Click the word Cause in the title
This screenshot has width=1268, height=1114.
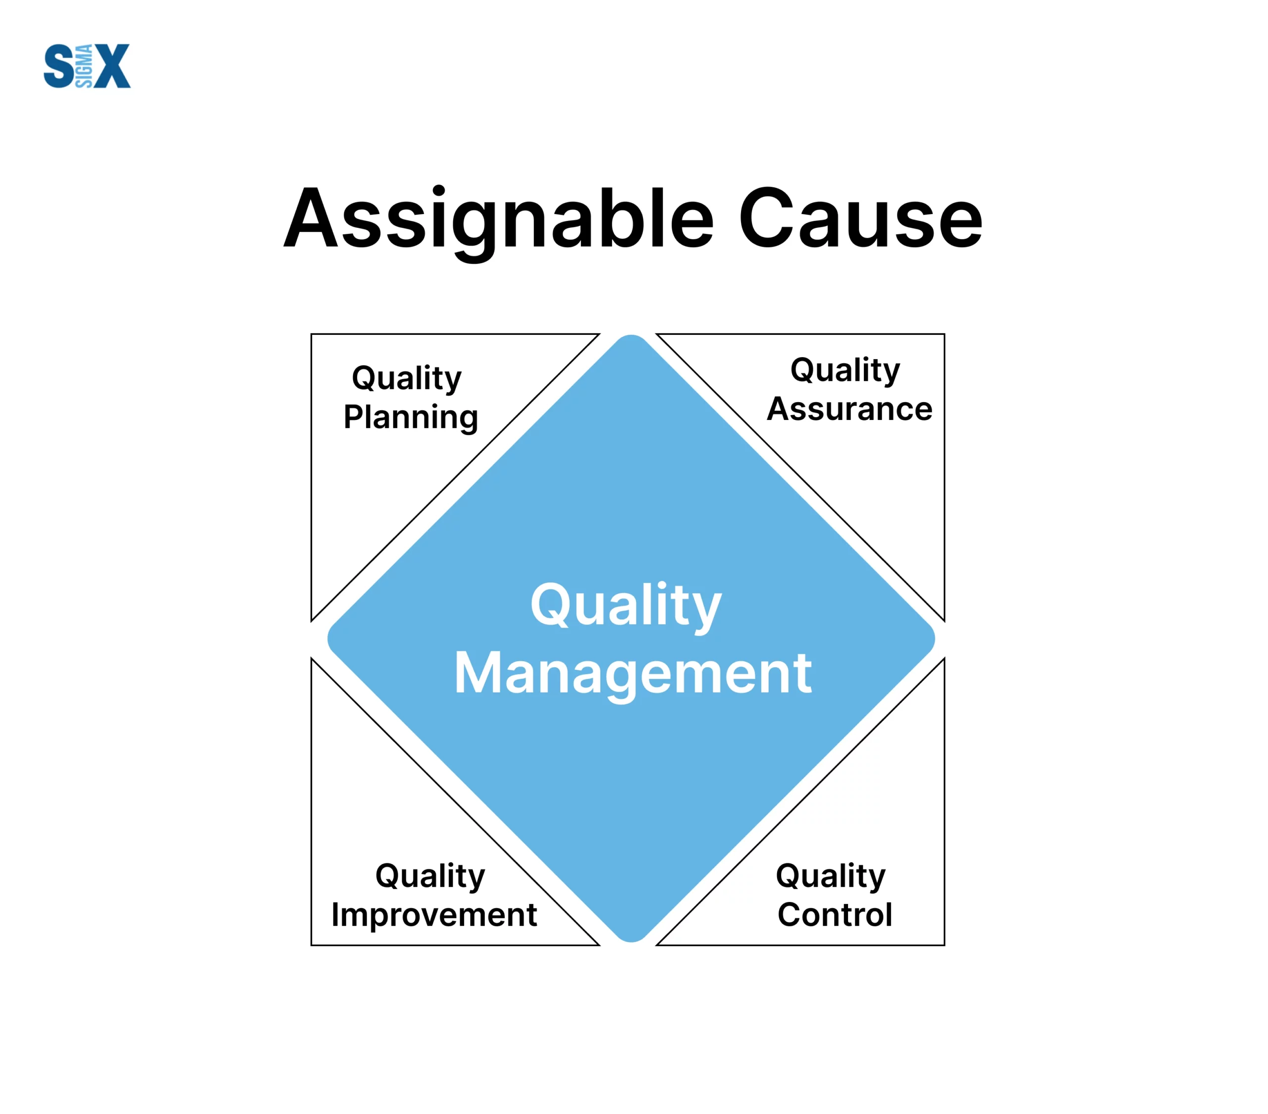[860, 218]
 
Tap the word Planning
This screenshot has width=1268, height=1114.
[411, 418]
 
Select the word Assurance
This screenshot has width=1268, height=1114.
[850, 409]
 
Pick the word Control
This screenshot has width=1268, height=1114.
[835, 915]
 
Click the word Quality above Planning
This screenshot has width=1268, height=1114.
[407, 379]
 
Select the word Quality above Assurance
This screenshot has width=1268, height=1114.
[845, 371]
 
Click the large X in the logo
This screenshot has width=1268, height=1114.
[110, 66]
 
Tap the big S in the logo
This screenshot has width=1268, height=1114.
[59, 66]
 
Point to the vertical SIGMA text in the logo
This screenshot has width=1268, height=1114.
[84, 66]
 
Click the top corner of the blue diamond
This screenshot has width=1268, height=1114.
[631, 335]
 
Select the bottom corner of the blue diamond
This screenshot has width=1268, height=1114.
[631, 942]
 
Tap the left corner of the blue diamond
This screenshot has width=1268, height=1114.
[328, 638]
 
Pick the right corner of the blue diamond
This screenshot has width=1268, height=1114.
[934, 638]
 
